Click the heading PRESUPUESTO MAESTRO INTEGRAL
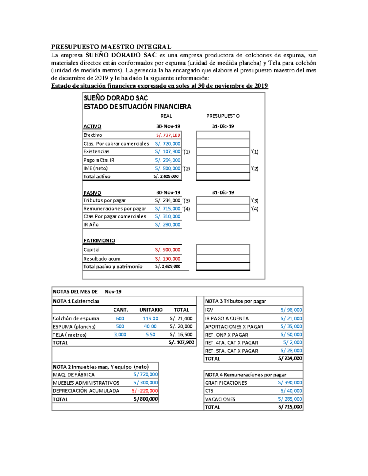coord(111,47)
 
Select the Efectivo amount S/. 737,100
coord(168,135)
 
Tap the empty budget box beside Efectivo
coord(223,135)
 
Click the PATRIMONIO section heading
coord(99,241)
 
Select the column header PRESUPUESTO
coord(223,116)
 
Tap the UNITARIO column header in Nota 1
coord(151,310)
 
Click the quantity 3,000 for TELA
coord(120,335)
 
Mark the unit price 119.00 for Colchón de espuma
coord(150,318)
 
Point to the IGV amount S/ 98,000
coord(291,310)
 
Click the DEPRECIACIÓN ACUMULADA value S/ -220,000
coord(144,391)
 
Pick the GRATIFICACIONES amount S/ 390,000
coord(290,383)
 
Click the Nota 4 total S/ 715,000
coord(290,407)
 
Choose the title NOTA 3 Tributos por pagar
coord(235,301)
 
